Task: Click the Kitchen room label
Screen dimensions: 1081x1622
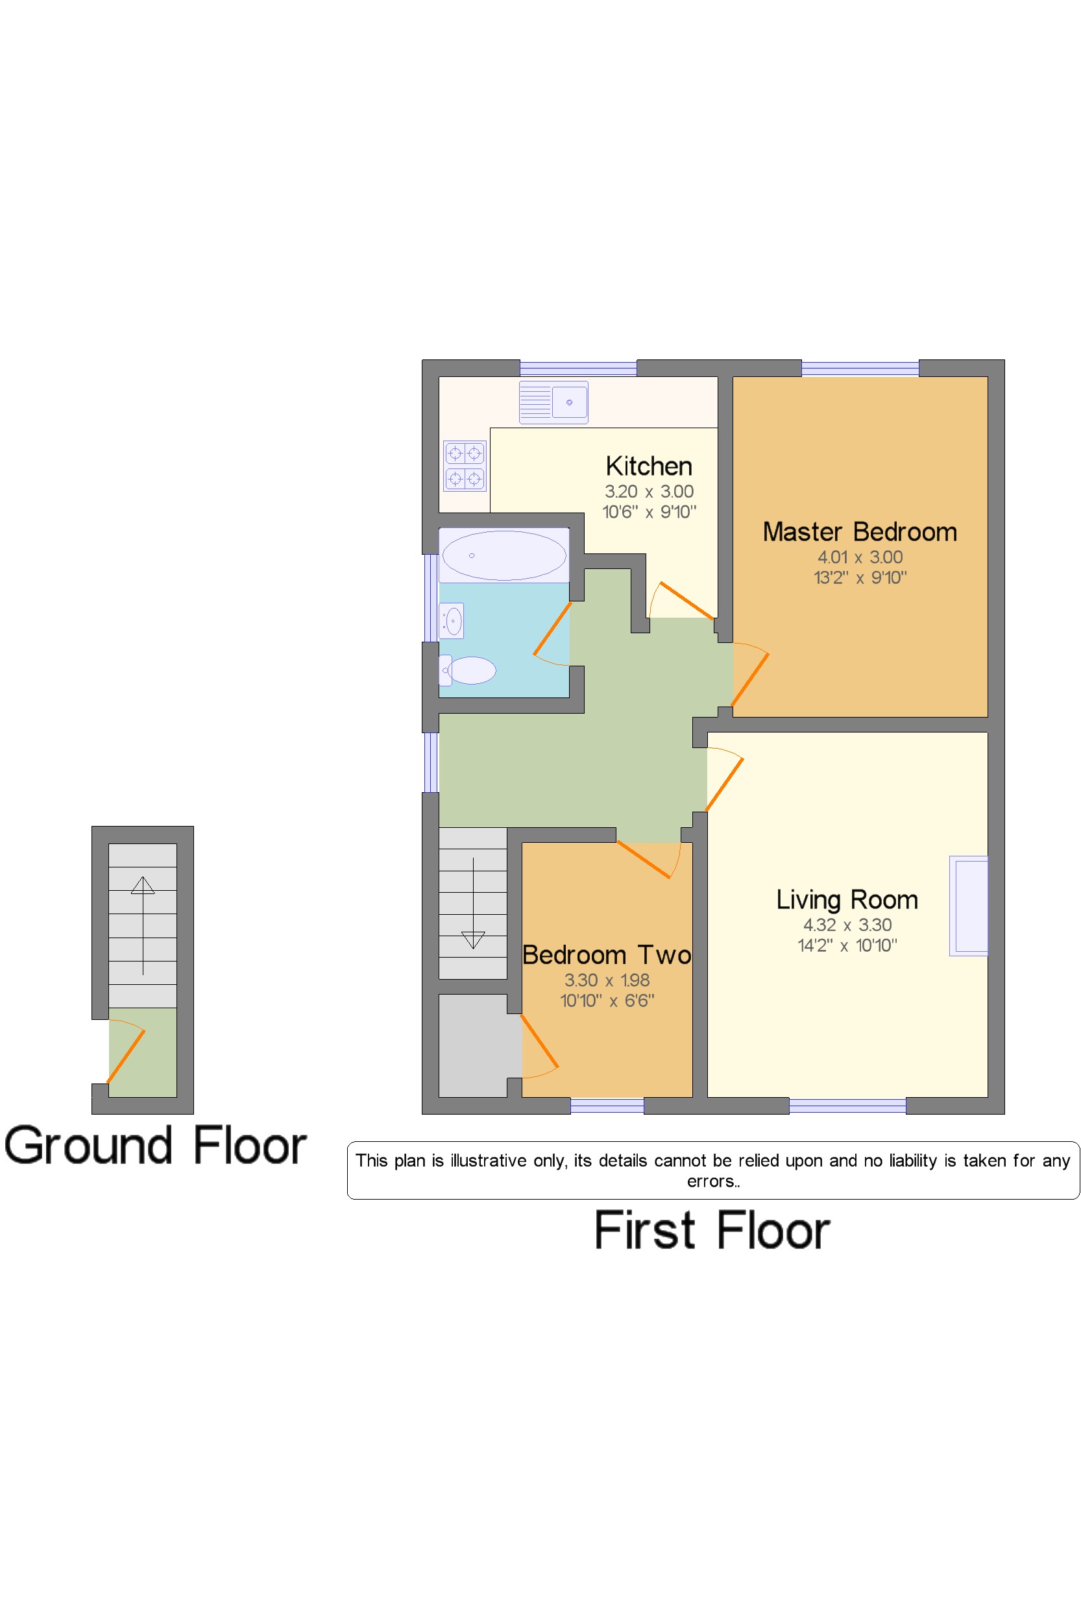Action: tap(649, 466)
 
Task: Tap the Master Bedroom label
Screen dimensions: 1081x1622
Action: tap(860, 532)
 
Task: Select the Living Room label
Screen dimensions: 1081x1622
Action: tap(847, 900)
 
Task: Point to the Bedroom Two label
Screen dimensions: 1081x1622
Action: tap(607, 955)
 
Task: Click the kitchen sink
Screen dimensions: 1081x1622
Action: tap(553, 402)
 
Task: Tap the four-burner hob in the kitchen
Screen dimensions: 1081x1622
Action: tap(465, 466)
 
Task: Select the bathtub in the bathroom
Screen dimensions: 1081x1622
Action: tap(504, 555)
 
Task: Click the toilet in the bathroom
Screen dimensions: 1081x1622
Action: tap(467, 670)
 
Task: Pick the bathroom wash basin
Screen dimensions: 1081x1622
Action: tap(452, 621)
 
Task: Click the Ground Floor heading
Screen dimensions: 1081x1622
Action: tap(155, 1146)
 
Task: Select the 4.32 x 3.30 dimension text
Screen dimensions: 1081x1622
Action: tap(847, 925)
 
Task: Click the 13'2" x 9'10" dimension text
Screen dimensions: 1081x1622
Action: tap(860, 577)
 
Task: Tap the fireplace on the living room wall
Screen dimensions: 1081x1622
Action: tap(969, 906)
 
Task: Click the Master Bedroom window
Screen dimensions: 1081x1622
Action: tap(860, 368)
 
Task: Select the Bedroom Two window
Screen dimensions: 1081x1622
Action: tap(607, 1106)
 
